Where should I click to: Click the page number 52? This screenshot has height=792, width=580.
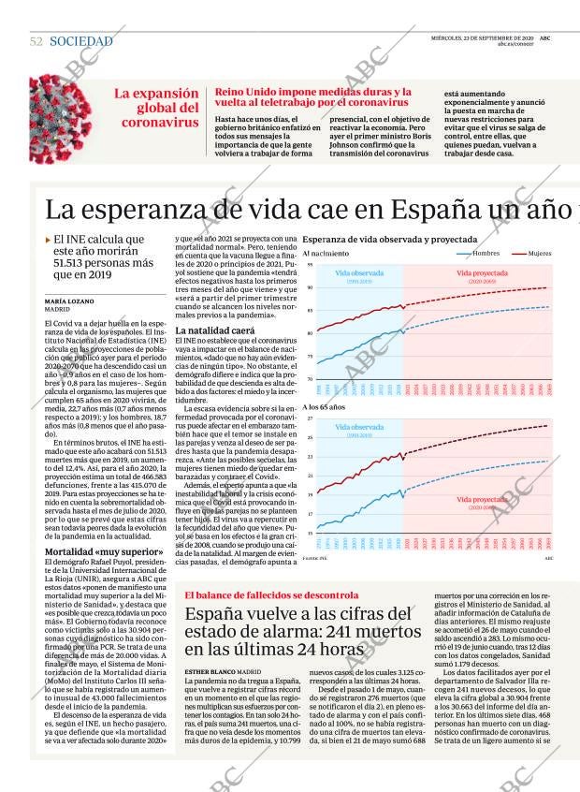pos(36,41)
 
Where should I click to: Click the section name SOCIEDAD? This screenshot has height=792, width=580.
pos(80,41)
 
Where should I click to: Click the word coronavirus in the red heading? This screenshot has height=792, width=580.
pos(160,122)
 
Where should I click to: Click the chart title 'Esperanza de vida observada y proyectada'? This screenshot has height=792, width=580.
pos(389,240)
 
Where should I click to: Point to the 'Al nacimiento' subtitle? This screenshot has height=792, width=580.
pos(326,254)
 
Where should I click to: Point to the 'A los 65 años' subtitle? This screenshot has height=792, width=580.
pos(324,407)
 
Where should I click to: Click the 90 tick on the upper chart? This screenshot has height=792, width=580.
pos(309,288)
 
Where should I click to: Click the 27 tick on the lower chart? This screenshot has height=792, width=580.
pos(309,419)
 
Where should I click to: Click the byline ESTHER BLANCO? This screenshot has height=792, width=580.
pos(210,671)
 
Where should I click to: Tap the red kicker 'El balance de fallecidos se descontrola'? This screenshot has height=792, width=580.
pos(271,594)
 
